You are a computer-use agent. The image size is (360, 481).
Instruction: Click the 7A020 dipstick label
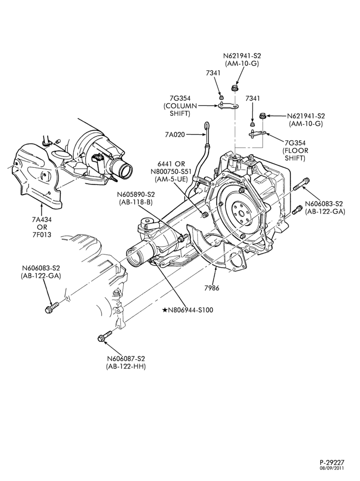[175, 134]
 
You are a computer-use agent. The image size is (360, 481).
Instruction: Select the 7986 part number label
[212, 288]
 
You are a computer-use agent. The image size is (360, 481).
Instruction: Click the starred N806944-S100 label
[188, 310]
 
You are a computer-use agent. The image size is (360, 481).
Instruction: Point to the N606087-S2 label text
[126, 359]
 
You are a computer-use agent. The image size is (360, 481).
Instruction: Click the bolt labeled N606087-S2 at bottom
[105, 335]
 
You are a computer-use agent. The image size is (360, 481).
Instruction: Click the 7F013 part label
[42, 235]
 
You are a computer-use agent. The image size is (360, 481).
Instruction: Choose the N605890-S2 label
[135, 194]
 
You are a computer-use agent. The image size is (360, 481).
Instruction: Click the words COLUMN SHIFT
[180, 110]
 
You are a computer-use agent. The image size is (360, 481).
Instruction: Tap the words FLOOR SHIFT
[295, 154]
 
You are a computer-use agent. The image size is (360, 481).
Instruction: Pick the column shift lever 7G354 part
[229, 106]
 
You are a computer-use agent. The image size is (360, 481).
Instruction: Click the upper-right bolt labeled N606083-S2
[302, 184]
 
